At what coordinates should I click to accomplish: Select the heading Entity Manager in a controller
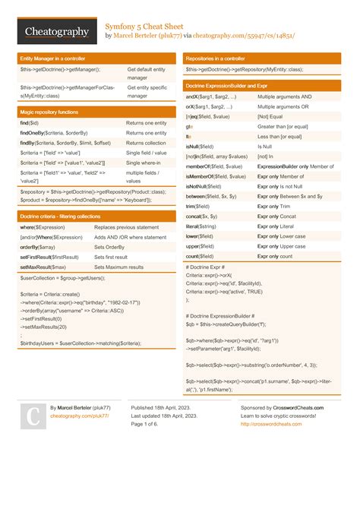[x=53, y=58]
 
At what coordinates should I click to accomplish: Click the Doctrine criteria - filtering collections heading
[x=60, y=217]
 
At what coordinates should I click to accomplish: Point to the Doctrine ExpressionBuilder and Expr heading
[x=232, y=87]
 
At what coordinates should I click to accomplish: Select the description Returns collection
[x=146, y=143]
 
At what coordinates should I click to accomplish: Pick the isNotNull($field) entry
[x=203, y=185]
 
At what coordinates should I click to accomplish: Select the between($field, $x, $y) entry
[x=210, y=195]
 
